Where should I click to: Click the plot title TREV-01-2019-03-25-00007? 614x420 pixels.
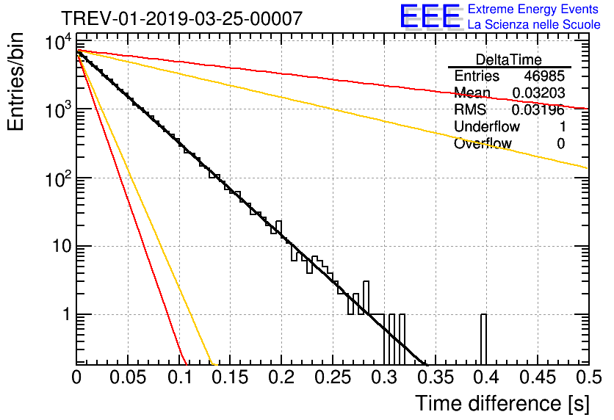point(181,19)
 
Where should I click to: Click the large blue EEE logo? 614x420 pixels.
point(430,18)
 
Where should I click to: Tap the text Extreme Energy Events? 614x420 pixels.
point(534,10)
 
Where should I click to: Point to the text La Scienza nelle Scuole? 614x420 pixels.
point(534,25)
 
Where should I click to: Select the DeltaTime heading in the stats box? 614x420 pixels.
point(508,59)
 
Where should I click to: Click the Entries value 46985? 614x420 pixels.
point(544,76)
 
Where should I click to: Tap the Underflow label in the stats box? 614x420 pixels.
point(487,127)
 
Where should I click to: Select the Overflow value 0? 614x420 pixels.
point(560,144)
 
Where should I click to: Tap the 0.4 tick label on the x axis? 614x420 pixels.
point(485,378)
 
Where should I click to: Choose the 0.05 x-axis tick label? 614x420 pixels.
point(128,378)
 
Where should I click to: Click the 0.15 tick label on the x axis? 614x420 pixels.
point(230,378)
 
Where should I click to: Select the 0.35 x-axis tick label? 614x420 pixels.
point(434,378)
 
